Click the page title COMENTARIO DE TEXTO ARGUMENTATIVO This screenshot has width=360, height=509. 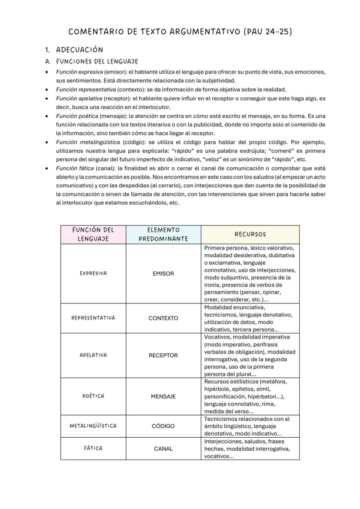click(x=180, y=31)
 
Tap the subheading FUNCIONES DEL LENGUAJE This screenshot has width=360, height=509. click(x=97, y=62)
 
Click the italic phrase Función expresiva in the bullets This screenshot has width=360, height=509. click(x=79, y=72)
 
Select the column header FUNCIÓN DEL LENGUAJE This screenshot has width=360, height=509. click(x=93, y=234)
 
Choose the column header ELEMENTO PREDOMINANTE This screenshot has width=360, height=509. click(x=163, y=234)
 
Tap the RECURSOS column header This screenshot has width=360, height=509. click(x=250, y=234)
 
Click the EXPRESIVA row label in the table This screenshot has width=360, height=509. click(x=93, y=273)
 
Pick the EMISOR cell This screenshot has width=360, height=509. click(x=163, y=274)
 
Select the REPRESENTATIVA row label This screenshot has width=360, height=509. click(x=93, y=318)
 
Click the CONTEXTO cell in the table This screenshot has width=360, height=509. click(x=163, y=318)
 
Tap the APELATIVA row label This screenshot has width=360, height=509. click(x=93, y=355)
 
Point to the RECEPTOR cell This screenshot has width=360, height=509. click(x=163, y=356)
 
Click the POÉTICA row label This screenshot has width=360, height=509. click(x=93, y=396)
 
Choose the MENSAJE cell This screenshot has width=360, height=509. click(x=163, y=396)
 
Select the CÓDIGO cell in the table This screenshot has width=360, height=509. click(x=163, y=426)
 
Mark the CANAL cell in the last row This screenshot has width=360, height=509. click(x=163, y=449)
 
